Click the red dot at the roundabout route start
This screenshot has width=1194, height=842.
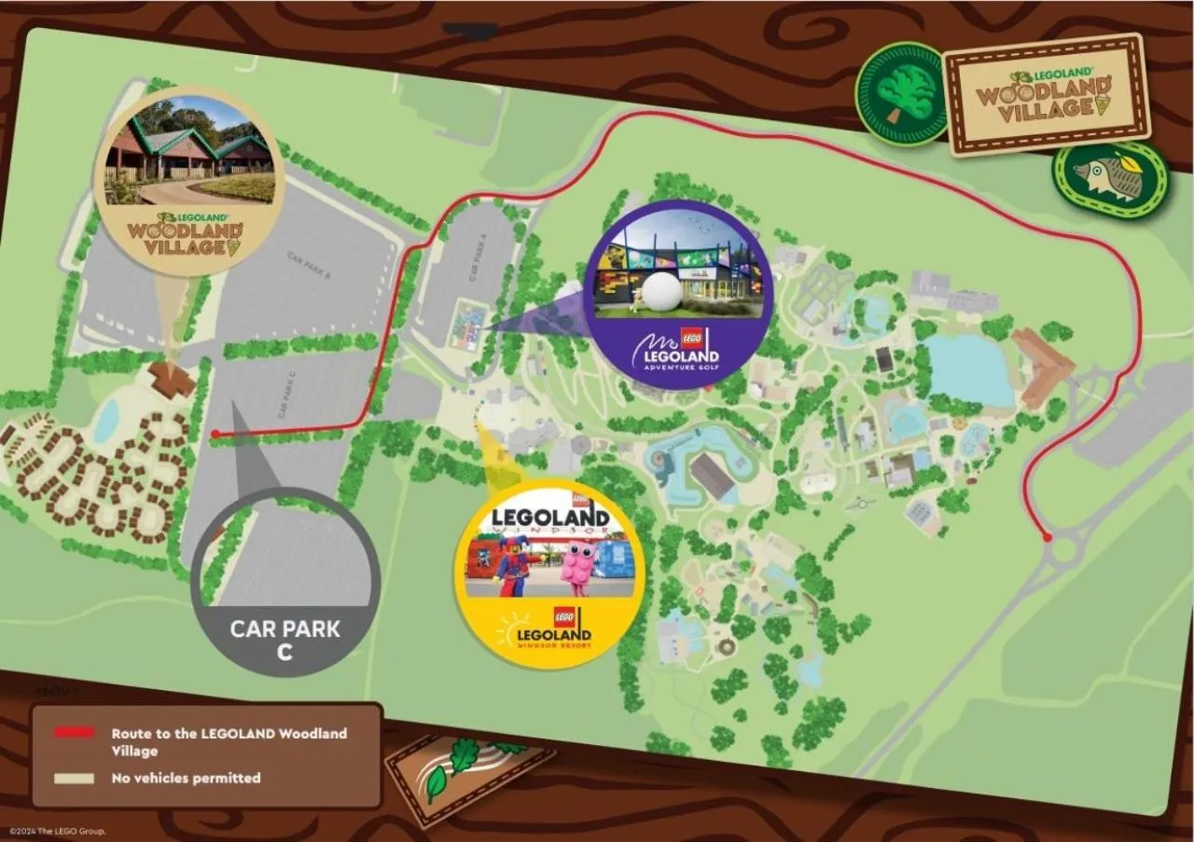[x=1048, y=537]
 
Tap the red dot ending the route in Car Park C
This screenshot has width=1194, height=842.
[x=215, y=434]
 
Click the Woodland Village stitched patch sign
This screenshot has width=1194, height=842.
[x=1046, y=94]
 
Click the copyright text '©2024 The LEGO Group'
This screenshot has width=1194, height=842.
[x=57, y=831]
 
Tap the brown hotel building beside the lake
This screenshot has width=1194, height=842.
[x=1043, y=366]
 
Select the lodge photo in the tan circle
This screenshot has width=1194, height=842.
[x=190, y=150]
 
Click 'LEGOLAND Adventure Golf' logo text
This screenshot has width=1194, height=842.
[x=677, y=355]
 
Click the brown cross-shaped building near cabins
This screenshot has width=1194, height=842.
[x=172, y=379]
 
